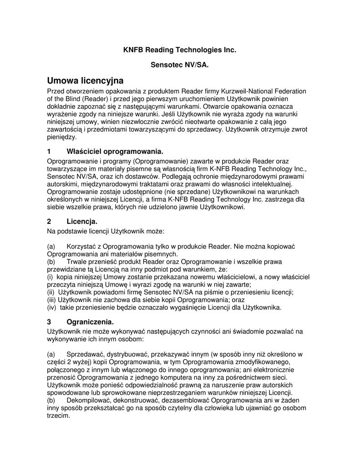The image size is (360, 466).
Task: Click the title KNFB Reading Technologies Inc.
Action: click(x=180, y=49)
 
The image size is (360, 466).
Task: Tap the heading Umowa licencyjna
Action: click(x=86, y=81)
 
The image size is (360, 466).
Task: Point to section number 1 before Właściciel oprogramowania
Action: click(x=49, y=151)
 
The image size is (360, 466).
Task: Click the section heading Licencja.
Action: click(x=82, y=222)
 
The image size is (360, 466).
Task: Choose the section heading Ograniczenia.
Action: click(x=90, y=322)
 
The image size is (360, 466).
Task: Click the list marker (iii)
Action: click(x=52, y=300)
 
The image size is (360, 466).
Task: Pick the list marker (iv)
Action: click(x=52, y=308)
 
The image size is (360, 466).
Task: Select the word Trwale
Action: click(x=76, y=262)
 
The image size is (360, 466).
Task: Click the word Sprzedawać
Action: click(x=86, y=354)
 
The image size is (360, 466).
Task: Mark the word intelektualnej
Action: click(x=264, y=184)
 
